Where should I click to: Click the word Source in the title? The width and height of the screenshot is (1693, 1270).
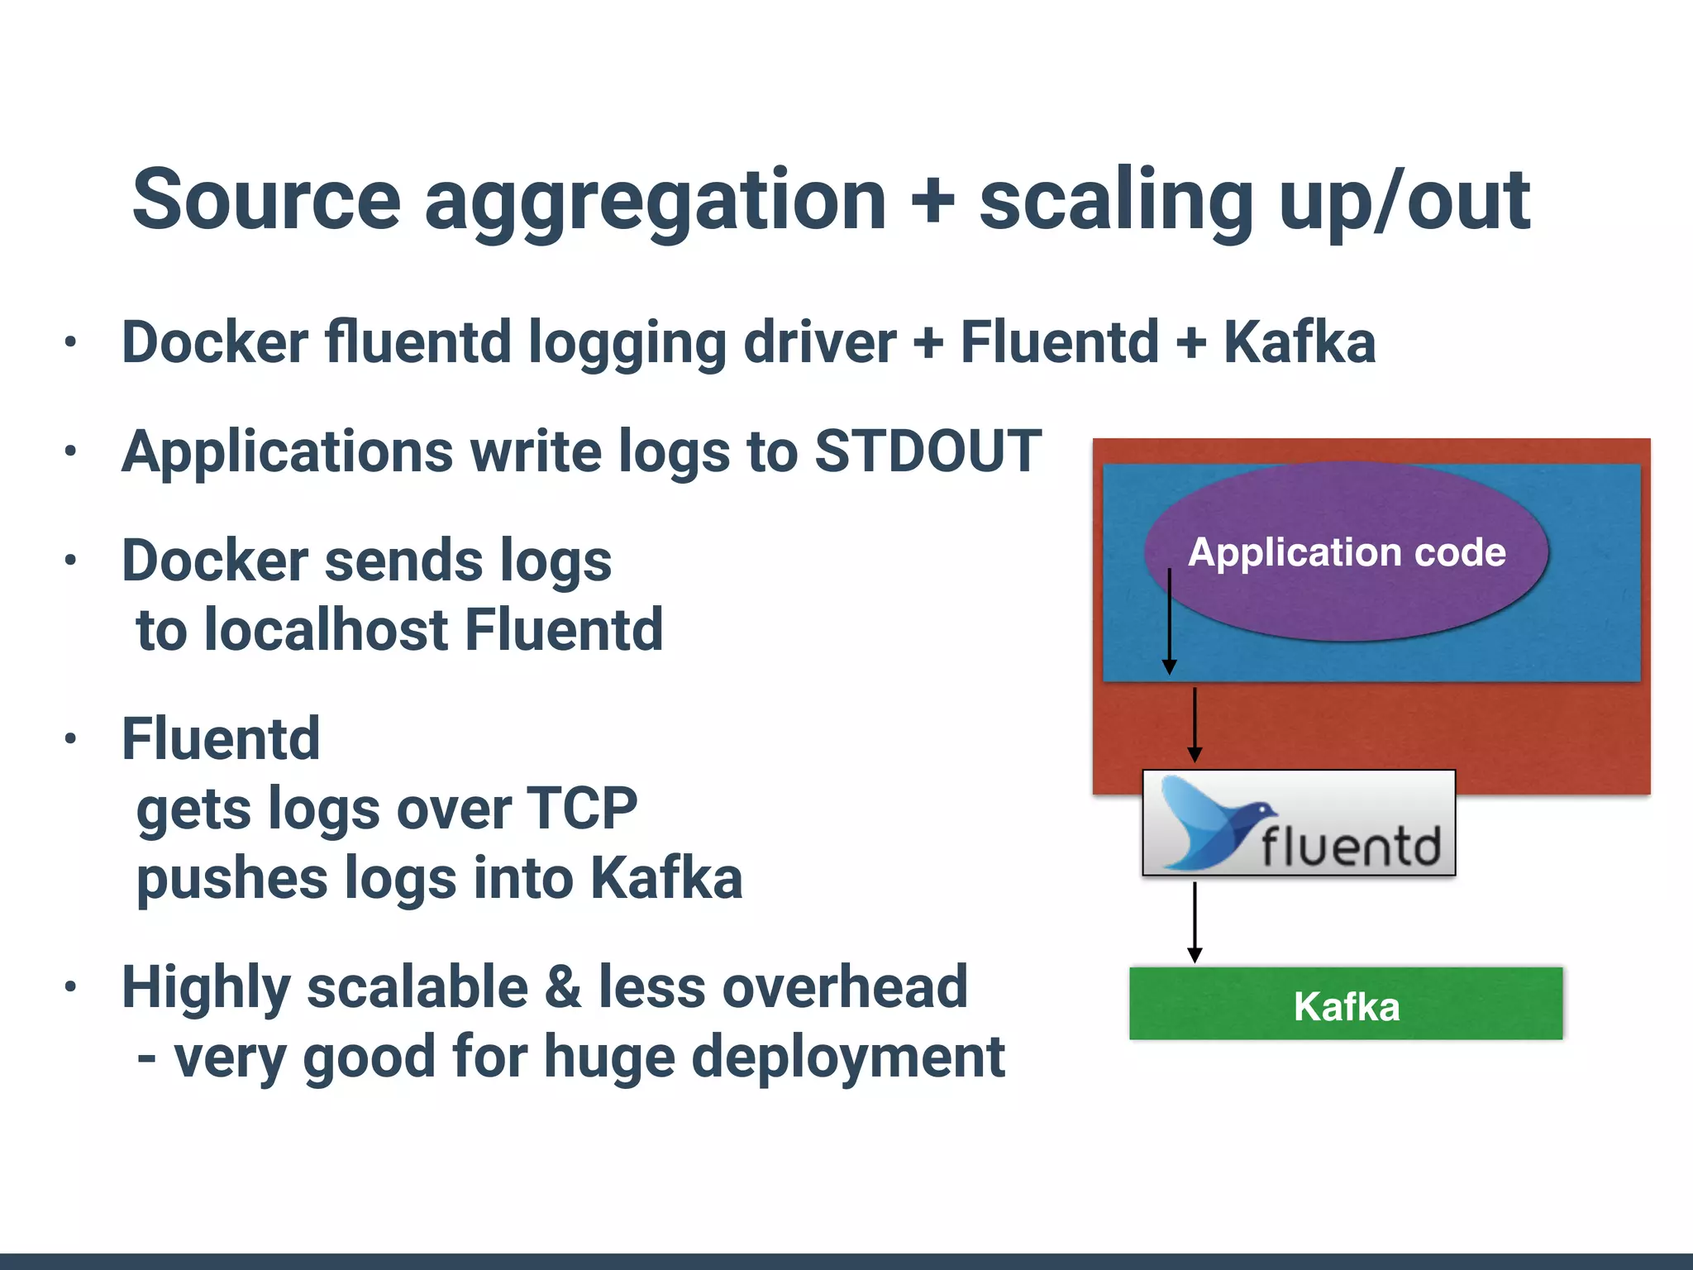click(x=266, y=200)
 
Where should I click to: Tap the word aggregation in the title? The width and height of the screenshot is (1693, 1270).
click(x=655, y=200)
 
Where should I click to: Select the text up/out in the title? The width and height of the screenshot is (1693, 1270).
click(x=1404, y=200)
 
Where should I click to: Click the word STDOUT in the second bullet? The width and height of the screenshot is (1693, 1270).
click(x=928, y=451)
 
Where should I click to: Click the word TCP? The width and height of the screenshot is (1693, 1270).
click(x=582, y=809)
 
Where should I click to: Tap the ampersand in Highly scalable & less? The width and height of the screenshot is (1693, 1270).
click(x=563, y=987)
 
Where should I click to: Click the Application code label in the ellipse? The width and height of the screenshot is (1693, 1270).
click(x=1347, y=552)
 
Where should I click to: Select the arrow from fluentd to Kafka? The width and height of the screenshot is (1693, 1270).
click(x=1195, y=922)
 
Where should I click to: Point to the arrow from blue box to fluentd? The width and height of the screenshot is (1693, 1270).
click(x=1195, y=724)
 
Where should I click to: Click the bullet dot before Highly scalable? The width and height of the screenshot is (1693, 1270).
click(x=71, y=986)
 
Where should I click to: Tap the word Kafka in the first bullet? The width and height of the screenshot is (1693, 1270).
click(x=1300, y=342)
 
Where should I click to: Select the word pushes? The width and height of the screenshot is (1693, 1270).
click(x=231, y=880)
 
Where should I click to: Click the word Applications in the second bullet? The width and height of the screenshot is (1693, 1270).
click(x=287, y=451)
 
